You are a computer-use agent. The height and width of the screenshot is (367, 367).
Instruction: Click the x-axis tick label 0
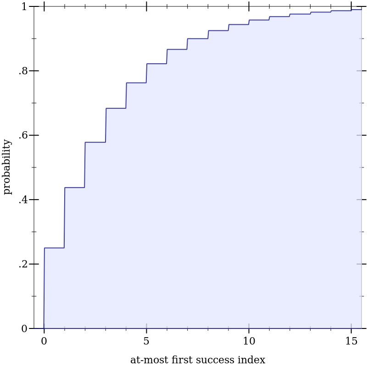tap(44, 341)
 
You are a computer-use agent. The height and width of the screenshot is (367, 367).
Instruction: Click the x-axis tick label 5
tap(146, 341)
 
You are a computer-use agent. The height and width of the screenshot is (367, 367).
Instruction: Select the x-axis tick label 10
tap(249, 341)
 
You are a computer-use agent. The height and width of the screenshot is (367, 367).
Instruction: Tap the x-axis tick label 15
tap(351, 341)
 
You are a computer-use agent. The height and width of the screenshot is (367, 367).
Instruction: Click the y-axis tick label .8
tap(23, 71)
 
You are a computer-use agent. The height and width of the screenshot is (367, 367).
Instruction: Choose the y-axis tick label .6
tap(23, 135)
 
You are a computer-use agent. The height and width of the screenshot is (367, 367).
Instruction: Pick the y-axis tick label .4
tap(23, 200)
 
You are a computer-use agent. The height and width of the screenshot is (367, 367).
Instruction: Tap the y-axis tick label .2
tap(23, 264)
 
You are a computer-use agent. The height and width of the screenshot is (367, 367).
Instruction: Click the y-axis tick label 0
tap(24, 328)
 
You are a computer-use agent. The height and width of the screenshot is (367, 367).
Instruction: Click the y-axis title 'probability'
tap(7, 167)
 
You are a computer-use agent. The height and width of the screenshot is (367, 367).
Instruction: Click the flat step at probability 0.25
tap(54, 248)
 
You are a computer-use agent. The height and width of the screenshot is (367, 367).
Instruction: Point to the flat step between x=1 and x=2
tap(75, 187)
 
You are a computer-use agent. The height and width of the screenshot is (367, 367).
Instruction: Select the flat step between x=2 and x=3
tap(95, 142)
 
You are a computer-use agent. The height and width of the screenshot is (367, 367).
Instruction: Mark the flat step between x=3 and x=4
tap(116, 108)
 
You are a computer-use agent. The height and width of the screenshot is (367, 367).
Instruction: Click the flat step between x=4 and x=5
tap(136, 83)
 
